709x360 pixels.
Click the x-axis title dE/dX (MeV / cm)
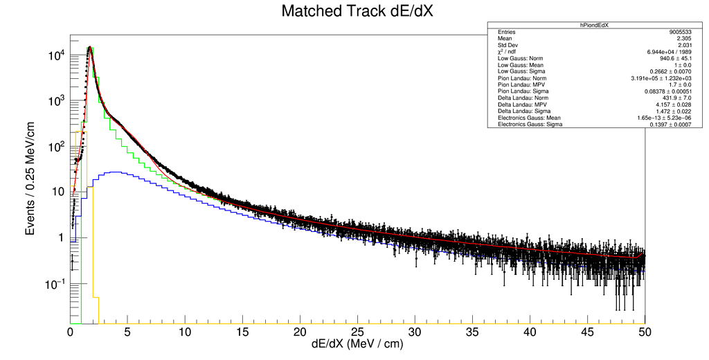click(358, 343)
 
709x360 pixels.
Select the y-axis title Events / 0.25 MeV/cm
click(31, 178)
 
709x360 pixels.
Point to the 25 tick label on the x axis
click(358, 332)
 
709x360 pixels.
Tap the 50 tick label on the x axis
click(645, 332)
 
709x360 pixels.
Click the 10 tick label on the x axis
click(186, 332)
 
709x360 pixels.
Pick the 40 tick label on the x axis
click(530, 332)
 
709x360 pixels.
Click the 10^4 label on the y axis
click(56, 55)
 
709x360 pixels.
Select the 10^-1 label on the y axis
click(55, 283)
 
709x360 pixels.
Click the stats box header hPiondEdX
click(600, 24)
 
